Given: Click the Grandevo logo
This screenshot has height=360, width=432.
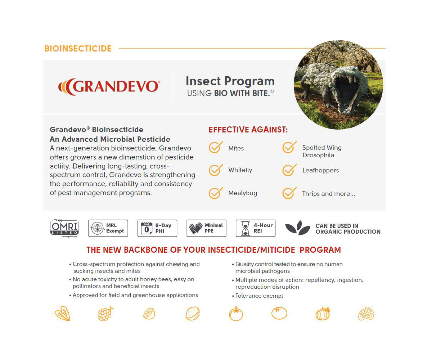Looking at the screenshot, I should pyautogui.click(x=109, y=87).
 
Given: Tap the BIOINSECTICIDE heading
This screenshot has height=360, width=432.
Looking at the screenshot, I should pyautogui.click(x=78, y=49).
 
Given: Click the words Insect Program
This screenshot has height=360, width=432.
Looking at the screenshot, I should pyautogui.click(x=230, y=81).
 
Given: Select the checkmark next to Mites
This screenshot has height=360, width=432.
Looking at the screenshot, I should pyautogui.click(x=216, y=148).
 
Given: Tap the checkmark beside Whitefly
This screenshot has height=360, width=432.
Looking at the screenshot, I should pyautogui.click(x=216, y=170).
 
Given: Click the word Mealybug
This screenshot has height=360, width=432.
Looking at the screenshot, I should pyautogui.click(x=243, y=193).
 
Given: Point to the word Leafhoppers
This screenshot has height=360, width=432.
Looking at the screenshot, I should pyautogui.click(x=320, y=171).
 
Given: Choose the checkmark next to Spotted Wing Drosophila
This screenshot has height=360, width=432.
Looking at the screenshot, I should pyautogui.click(x=289, y=148).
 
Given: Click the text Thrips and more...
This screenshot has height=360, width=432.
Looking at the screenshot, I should pyautogui.click(x=328, y=194).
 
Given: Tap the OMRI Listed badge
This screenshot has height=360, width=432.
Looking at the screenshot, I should pyautogui.click(x=64, y=228).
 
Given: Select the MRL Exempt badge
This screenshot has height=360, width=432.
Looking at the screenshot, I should pyautogui.click(x=108, y=228).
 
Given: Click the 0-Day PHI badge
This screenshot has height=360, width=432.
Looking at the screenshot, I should pyautogui.click(x=157, y=228).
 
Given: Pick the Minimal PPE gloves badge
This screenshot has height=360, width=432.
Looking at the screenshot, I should pyautogui.click(x=206, y=228).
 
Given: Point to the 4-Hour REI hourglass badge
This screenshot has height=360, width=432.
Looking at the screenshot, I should pyautogui.click(x=256, y=228).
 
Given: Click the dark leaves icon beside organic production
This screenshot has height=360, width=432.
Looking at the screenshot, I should pyautogui.click(x=298, y=228).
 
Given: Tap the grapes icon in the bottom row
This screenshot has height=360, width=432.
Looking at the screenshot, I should pyautogui.click(x=105, y=314).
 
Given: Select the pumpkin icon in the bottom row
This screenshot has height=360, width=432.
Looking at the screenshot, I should pyautogui.click(x=323, y=314).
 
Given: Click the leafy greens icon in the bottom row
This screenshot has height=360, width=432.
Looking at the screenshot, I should pyautogui.click(x=63, y=314).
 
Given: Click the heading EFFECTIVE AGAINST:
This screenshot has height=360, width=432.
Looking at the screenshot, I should pyautogui.click(x=248, y=130).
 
